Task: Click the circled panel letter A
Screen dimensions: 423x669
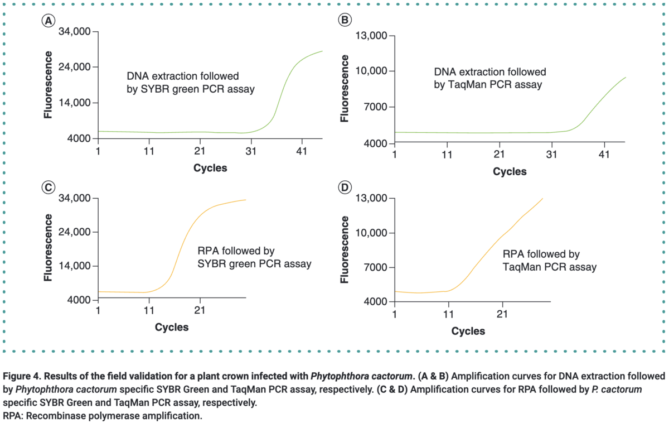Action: point(49,21)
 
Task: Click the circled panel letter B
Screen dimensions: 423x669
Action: point(345,21)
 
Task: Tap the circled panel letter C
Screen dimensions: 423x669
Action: point(49,188)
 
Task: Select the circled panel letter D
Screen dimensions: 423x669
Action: point(345,188)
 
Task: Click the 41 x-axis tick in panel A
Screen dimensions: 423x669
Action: point(302,151)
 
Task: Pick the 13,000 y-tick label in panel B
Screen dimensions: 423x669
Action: point(371,36)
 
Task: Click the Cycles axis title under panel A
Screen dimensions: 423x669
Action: point(210,167)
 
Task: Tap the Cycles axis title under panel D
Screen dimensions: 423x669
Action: point(468,331)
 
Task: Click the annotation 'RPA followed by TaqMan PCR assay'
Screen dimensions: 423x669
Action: point(549,260)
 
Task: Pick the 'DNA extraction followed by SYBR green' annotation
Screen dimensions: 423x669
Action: point(191,82)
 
